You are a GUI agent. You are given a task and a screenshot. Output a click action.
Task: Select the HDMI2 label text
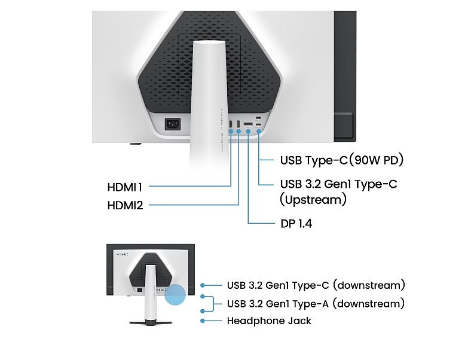tap(125, 206)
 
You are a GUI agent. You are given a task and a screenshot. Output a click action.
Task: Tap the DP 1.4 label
tap(296, 224)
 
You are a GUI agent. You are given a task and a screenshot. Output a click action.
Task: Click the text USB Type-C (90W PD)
tap(342, 160)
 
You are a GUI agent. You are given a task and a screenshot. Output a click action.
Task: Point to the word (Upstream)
tap(313, 200)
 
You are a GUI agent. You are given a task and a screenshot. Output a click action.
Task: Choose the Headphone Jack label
tap(269, 321)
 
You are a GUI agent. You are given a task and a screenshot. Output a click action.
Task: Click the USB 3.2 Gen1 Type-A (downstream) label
tap(316, 304)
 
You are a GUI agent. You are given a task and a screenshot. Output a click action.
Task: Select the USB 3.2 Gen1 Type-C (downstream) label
tap(316, 285)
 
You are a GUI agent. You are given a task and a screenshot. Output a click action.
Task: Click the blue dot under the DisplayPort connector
tap(248, 132)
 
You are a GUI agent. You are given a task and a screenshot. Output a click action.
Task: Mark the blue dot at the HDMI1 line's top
tap(231, 132)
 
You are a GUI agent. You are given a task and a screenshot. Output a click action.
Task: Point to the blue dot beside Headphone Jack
tap(204, 321)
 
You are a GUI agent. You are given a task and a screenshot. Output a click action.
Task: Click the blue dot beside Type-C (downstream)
tap(204, 285)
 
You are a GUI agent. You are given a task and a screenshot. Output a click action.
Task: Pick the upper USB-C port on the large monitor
tap(258, 117)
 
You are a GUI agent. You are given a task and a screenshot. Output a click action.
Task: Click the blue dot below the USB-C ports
tap(259, 132)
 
